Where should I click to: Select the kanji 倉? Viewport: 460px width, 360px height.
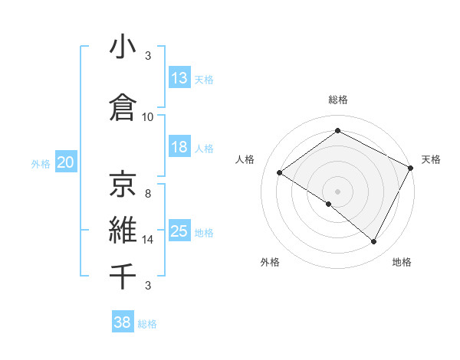coord(123,106)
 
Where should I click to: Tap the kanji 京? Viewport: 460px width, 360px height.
coord(123,183)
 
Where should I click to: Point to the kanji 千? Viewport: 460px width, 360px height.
coord(123,276)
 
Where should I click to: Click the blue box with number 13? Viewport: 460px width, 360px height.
coord(179,78)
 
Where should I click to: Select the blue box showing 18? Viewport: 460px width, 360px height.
coord(179,147)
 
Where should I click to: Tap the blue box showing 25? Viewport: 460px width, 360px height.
coord(179,231)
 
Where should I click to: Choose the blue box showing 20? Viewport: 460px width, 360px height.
coord(66,162)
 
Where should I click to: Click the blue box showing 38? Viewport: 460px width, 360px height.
coord(123,322)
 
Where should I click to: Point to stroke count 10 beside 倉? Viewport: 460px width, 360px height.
coord(148,116)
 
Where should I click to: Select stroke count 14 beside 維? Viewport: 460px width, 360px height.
coord(148,240)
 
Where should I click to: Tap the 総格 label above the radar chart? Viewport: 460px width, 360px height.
coord(337,100)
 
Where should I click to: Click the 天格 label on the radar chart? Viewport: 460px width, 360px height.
coord(431,159)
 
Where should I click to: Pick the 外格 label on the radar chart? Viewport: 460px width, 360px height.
coord(270,262)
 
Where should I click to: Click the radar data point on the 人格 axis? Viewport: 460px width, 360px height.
coord(280,172)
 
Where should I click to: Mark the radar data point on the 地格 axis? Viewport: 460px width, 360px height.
coord(374,242)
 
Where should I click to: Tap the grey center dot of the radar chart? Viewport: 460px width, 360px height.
coord(337,191)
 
